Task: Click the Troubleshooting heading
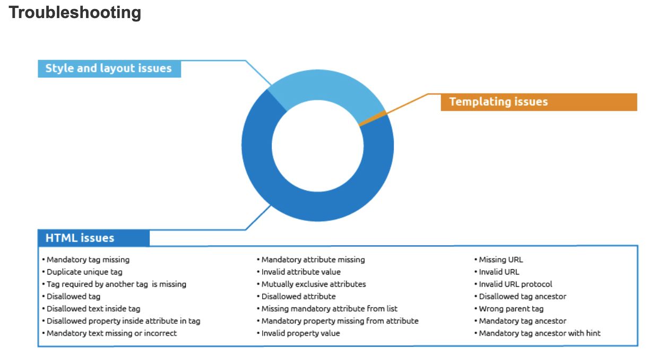(x=75, y=13)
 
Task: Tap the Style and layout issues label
(x=109, y=68)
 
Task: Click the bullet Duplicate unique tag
(x=84, y=272)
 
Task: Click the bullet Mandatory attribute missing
(x=313, y=260)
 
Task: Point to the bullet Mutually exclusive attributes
(x=313, y=284)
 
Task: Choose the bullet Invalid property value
(x=300, y=333)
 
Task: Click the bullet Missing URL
(x=500, y=260)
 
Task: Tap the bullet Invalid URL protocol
(x=515, y=284)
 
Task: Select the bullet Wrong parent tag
(x=511, y=308)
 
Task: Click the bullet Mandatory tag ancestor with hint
(x=539, y=333)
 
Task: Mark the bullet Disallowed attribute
(x=298, y=296)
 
